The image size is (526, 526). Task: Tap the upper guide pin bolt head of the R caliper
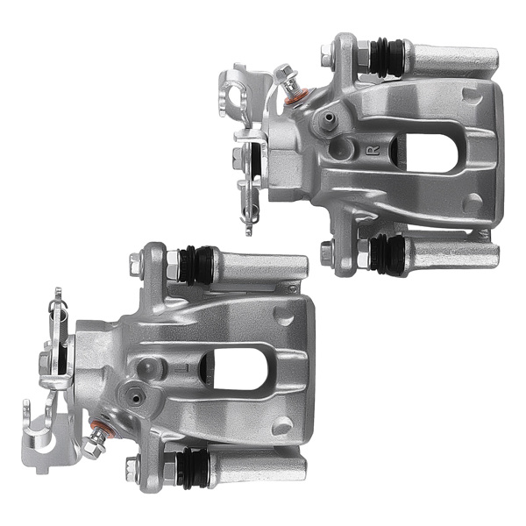[327, 60]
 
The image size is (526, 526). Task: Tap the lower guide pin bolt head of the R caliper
[327, 254]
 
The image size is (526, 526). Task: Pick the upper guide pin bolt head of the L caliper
[136, 260]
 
